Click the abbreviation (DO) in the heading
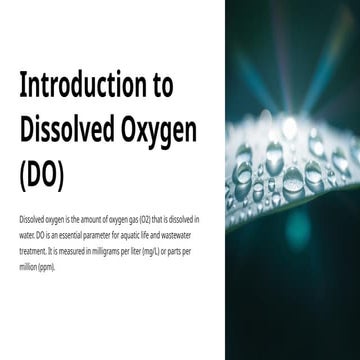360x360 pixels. [x=41, y=172]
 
